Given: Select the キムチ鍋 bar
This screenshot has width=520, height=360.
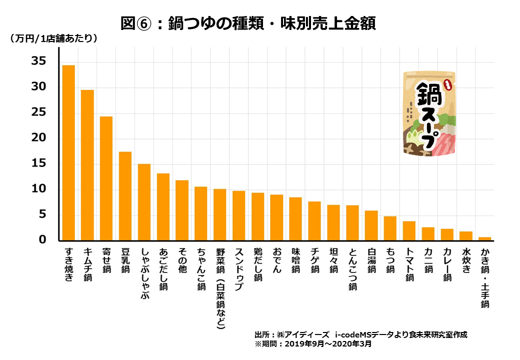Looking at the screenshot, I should click(87, 165).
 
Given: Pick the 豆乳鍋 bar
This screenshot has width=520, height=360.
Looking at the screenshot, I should click(125, 195).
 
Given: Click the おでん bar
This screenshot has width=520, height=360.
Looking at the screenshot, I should click(276, 217).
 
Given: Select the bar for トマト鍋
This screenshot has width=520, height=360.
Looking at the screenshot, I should click(409, 230).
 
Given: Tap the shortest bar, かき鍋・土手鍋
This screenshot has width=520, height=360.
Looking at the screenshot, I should click(484, 238).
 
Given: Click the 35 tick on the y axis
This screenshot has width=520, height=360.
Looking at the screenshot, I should click(38, 61).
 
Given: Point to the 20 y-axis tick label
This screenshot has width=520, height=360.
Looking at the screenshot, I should click(38, 138).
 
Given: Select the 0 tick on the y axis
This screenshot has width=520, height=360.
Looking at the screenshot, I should click(42, 240).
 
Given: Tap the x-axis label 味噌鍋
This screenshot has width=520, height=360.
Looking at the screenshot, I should click(295, 260).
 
